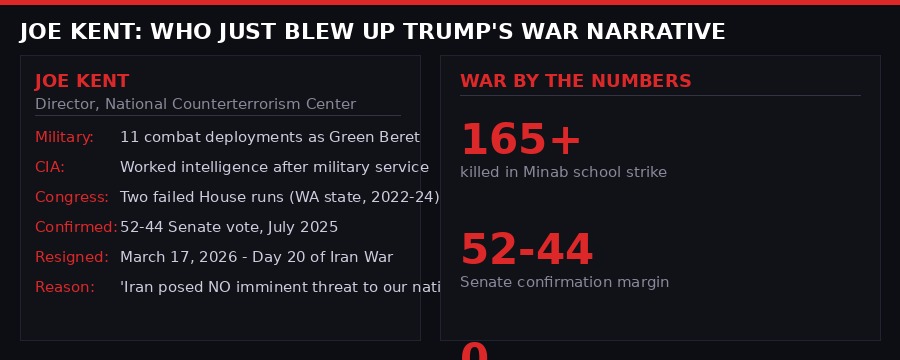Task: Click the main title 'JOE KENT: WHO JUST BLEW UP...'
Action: pyautogui.click(x=372, y=32)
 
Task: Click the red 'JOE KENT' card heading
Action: pyautogui.click(x=82, y=81)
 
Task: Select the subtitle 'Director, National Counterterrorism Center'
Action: pyautogui.click(x=195, y=104)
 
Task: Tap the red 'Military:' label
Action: pyautogui.click(x=64, y=137)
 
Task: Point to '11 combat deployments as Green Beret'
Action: pyautogui.click(x=269, y=137)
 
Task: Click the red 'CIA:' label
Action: pyautogui.click(x=50, y=167)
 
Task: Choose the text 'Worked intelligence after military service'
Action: pyautogui.click(x=274, y=167)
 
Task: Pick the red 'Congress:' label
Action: pyautogui.click(x=72, y=197)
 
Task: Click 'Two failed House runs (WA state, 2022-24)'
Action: pyautogui.click(x=279, y=197)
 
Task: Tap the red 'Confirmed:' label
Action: pyautogui.click(x=76, y=227)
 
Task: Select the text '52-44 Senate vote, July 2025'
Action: pyautogui.click(x=229, y=227)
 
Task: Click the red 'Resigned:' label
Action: pyautogui.click(x=72, y=257)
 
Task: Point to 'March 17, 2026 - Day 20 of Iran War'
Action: pyautogui.click(x=256, y=257)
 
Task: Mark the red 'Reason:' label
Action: pyautogui.click(x=65, y=287)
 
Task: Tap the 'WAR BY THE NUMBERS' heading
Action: pyautogui.click(x=575, y=81)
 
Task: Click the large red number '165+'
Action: pyautogui.click(x=520, y=139)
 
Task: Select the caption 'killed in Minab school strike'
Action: pyautogui.click(x=563, y=172)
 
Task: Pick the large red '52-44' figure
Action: pyautogui.click(x=526, y=250)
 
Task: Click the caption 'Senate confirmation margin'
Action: pyautogui.click(x=564, y=282)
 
